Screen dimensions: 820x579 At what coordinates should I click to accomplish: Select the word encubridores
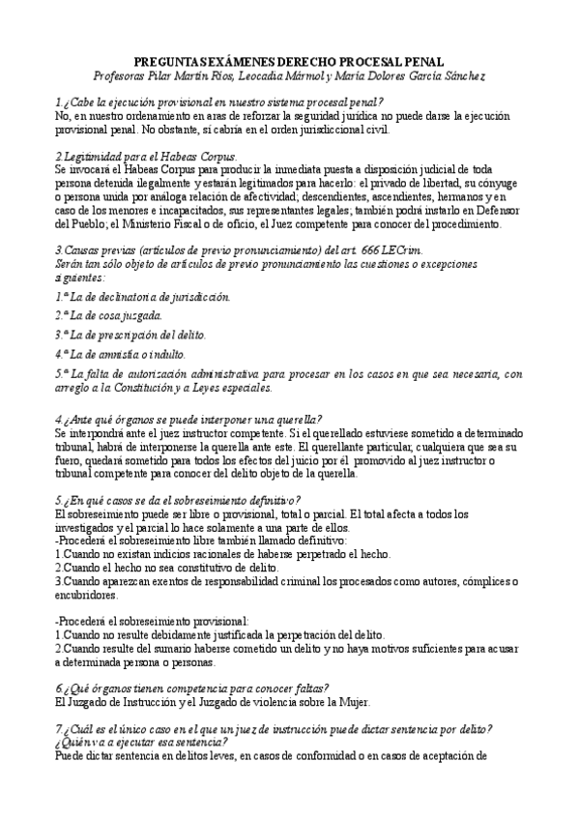pyautogui.click(x=89, y=595)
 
